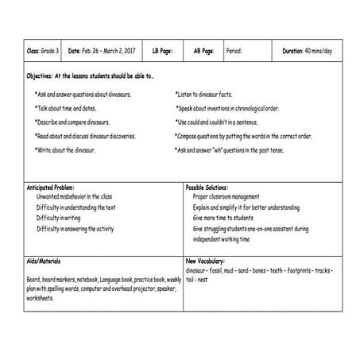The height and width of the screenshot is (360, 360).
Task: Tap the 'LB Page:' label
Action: coord(161,51)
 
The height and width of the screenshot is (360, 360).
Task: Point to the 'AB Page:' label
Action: coord(203,51)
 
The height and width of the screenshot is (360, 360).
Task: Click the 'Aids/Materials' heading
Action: coord(43,261)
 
